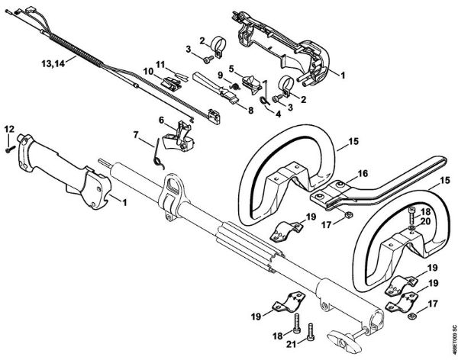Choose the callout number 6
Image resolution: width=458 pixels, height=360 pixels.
point(162,119)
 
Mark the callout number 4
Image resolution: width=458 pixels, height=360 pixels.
point(279,114)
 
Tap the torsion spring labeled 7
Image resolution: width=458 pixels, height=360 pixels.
point(159,150)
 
